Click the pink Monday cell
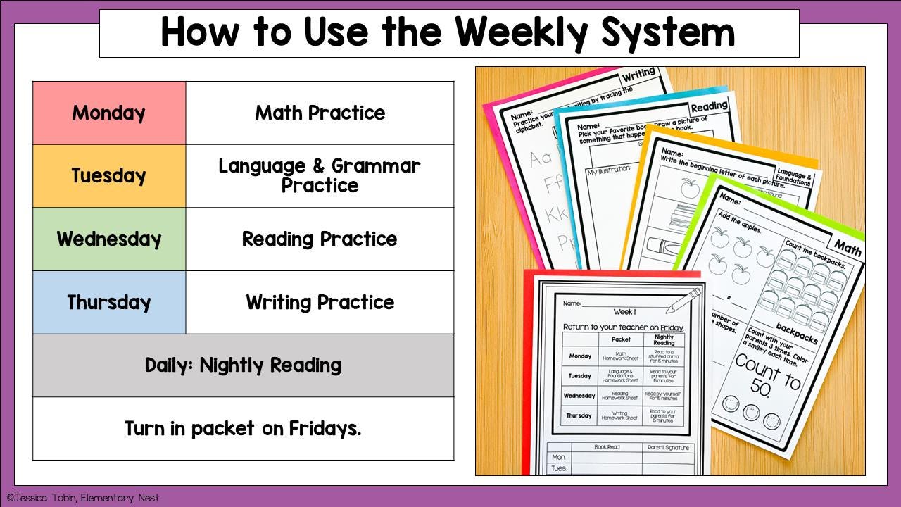(x=109, y=113)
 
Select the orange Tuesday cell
(x=109, y=176)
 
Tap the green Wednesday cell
(x=109, y=239)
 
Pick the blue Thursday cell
(x=109, y=302)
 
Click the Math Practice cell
(x=320, y=113)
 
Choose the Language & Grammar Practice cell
(x=320, y=176)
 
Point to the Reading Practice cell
(x=320, y=239)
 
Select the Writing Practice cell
(x=320, y=302)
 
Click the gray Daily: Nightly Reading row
(x=243, y=365)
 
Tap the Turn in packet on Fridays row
(x=243, y=428)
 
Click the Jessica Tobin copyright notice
(x=83, y=498)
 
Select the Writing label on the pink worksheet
(x=638, y=73)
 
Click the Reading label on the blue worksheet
(x=709, y=106)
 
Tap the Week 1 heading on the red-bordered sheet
(x=624, y=311)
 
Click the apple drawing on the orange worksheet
(x=689, y=187)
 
